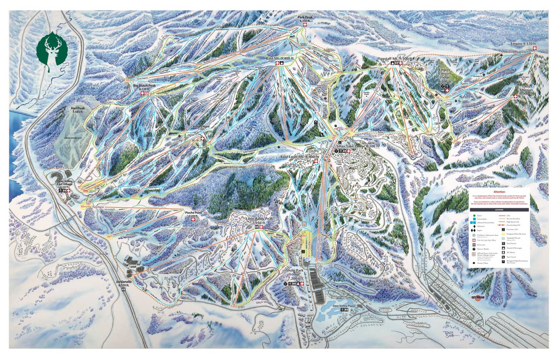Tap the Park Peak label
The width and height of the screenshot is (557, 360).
[305, 17]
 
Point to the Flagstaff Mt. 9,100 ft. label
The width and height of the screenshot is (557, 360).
[394, 58]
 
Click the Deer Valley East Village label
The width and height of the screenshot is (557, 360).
[65, 183]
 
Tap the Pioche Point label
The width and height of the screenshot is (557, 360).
[193, 213]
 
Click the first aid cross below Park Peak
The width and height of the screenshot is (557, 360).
[305, 25]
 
